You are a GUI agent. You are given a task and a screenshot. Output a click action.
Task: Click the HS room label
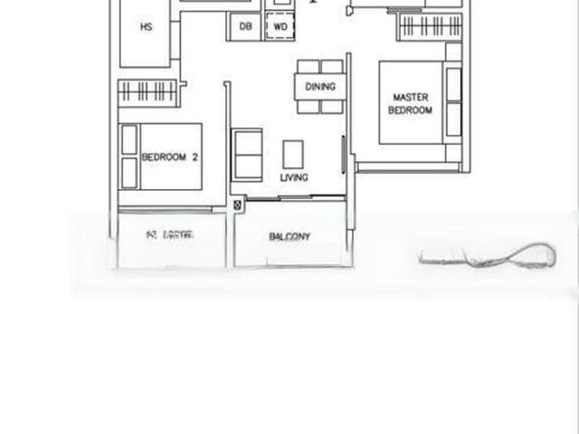click(x=146, y=27)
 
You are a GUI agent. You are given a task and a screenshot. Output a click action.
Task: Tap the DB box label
click(x=245, y=27)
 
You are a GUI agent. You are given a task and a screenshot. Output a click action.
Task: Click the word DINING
click(x=320, y=87)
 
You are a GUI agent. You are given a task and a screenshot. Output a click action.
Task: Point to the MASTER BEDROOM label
click(x=410, y=103)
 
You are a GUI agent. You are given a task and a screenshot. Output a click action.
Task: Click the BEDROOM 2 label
click(x=170, y=156)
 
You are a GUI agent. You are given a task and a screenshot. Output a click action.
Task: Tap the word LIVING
click(x=294, y=177)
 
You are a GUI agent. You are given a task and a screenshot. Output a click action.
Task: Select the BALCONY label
click(x=289, y=237)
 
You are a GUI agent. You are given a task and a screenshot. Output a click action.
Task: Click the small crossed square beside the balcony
click(x=238, y=206)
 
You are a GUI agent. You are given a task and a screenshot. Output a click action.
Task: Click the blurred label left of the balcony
click(x=170, y=235)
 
